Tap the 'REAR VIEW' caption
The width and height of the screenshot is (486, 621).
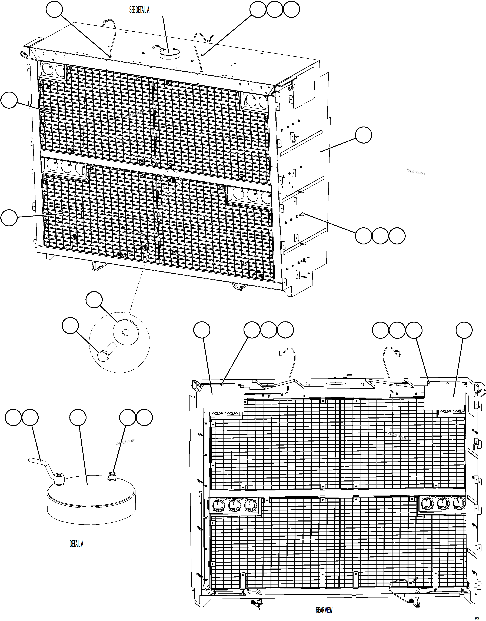[324, 610]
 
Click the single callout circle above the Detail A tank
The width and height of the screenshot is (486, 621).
[78, 417]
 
